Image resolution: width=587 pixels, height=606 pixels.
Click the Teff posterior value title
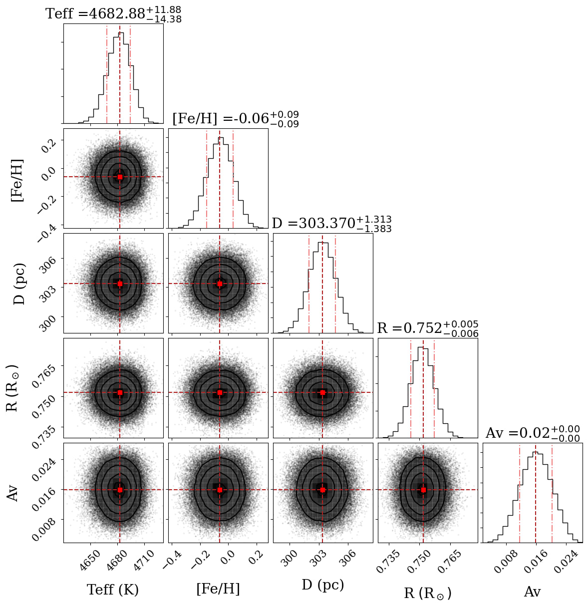point(113,14)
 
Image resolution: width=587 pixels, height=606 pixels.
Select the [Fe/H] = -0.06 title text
point(235,119)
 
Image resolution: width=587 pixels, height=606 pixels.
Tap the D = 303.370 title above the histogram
point(331,224)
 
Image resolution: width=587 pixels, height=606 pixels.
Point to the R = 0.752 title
point(427,328)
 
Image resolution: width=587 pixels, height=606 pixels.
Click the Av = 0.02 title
point(532,433)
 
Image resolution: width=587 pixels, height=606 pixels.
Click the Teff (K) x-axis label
point(113,590)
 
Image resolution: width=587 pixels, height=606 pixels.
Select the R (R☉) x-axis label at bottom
point(428,593)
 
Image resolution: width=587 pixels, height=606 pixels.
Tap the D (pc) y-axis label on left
point(19,283)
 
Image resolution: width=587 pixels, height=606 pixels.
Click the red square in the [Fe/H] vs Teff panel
point(120,177)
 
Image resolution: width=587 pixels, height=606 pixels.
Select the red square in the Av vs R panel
point(423,490)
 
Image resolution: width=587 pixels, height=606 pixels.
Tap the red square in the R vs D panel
point(322,392)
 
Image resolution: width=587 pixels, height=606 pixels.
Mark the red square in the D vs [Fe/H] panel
point(220,284)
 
